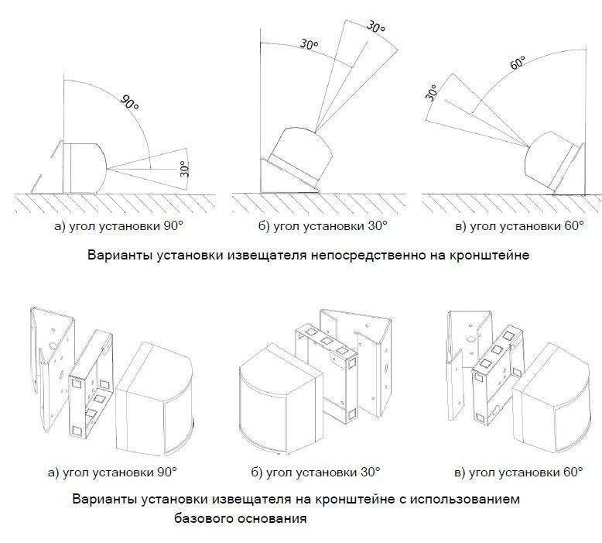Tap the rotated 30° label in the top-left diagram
pyautogui.click(x=183, y=168)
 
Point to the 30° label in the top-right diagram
pyautogui.click(x=432, y=94)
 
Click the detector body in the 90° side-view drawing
pyautogui.click(x=86, y=167)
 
